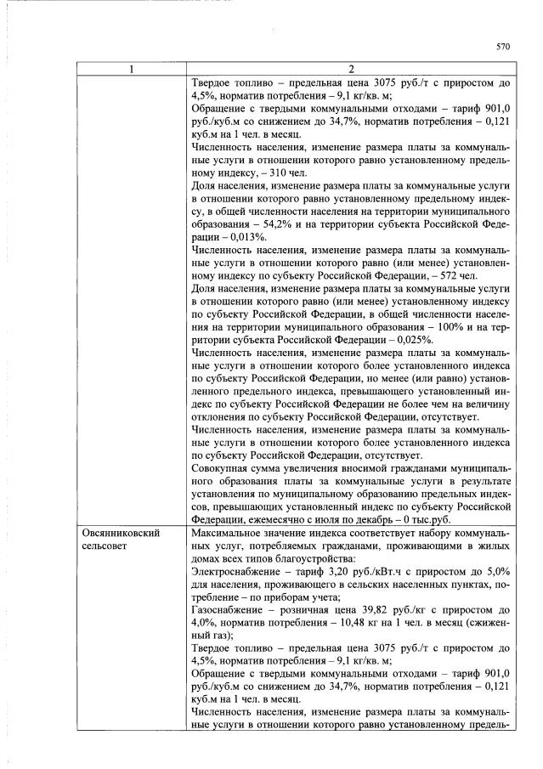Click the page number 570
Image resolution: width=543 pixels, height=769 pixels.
click(502, 48)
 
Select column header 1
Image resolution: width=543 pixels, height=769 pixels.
click(131, 69)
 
